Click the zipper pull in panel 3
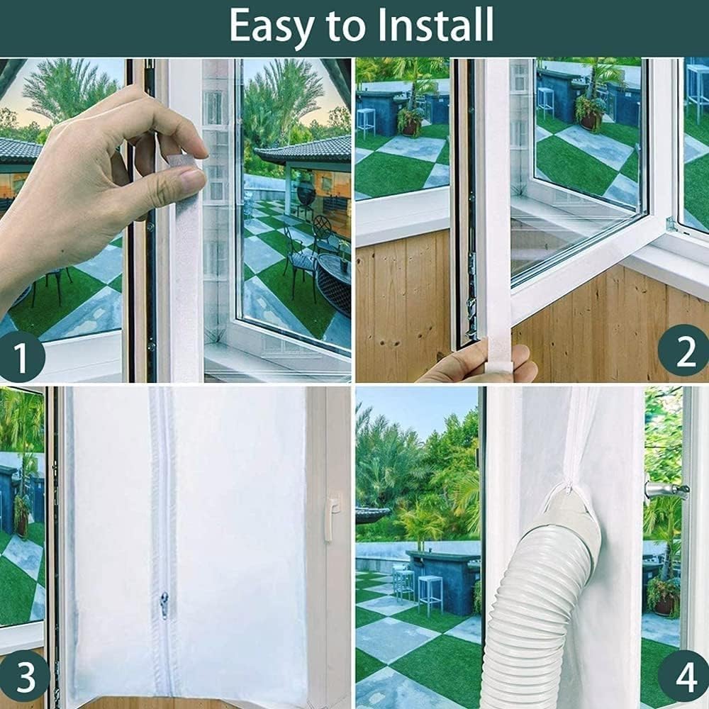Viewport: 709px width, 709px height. coord(164,605)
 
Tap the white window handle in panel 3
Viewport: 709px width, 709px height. coord(330,518)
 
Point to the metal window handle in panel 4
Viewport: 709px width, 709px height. coord(665,489)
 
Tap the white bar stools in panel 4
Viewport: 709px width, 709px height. coord(418,588)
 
